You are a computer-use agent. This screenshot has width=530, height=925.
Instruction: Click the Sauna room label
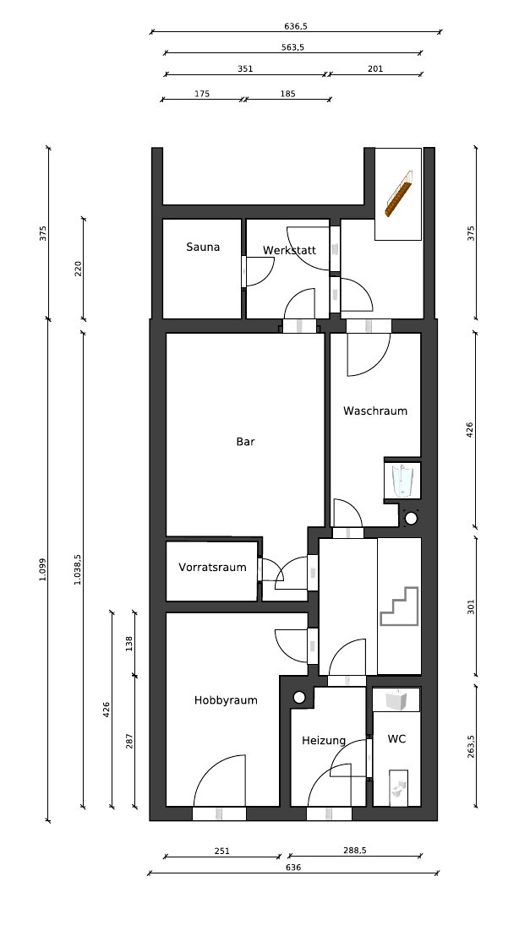[x=203, y=248]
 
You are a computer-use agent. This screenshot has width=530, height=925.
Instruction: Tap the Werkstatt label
[x=289, y=250]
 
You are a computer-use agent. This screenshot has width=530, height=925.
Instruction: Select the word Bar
[x=245, y=441]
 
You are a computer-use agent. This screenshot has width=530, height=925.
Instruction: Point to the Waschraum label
[x=375, y=411]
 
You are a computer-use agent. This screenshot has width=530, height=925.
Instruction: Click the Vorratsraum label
[x=212, y=568]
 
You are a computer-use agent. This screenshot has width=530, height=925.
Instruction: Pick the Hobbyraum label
[x=226, y=701]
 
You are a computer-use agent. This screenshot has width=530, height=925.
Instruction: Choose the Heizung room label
[x=324, y=741]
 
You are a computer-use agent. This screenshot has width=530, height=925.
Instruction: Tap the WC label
[x=396, y=738]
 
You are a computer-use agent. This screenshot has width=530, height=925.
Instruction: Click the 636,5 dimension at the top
[x=296, y=26]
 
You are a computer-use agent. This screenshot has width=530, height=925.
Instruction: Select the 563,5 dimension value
[x=293, y=48]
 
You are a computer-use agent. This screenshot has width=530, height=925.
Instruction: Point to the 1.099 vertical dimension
[x=42, y=569]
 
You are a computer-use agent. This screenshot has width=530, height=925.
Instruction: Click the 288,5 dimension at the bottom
[x=355, y=850]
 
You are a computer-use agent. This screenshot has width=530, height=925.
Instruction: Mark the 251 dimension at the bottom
[x=222, y=851]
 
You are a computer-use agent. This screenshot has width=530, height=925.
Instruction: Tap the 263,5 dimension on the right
[x=471, y=746]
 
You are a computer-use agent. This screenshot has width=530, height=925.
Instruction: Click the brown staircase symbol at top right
[x=397, y=193]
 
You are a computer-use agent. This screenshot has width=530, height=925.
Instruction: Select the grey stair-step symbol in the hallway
[x=400, y=606]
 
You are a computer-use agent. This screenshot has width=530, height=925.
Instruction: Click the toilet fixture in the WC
[x=399, y=788]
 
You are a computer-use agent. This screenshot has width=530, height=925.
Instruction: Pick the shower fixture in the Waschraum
[x=402, y=480]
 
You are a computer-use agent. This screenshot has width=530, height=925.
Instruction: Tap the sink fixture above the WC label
[x=396, y=699]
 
